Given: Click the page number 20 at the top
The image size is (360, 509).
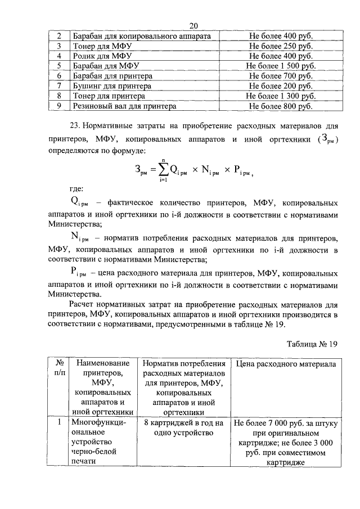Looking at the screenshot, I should tap(194, 26).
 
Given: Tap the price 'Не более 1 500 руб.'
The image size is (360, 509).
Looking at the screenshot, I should tap(281, 66).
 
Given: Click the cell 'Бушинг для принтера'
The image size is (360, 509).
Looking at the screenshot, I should tap(112, 86).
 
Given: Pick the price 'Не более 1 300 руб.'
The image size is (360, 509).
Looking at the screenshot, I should tap(281, 96).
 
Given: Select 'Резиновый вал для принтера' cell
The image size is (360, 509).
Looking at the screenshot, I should tap(124, 106).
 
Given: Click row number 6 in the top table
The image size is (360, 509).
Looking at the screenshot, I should tap(59, 76).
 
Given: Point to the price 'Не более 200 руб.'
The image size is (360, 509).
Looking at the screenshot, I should tap(281, 86).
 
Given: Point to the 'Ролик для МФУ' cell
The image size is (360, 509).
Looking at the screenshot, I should tap(102, 56).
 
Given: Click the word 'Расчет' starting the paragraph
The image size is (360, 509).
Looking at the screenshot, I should tap(83, 304).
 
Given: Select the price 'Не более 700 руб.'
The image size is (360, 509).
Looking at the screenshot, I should tap(281, 76).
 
